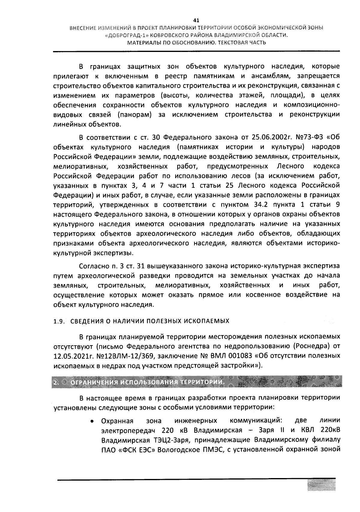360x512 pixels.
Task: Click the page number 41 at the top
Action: (196, 21)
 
